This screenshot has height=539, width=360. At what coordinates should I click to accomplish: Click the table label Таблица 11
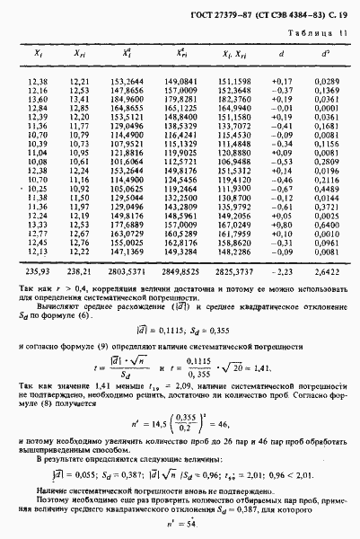[320, 34]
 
